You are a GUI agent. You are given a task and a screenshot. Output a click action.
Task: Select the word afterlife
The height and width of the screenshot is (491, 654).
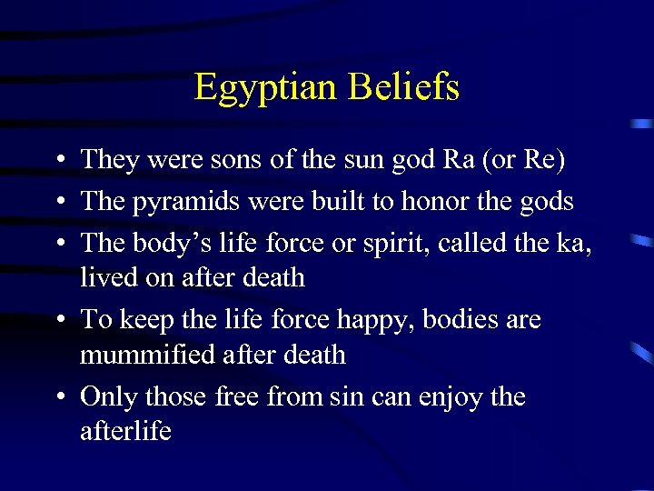tap(125, 431)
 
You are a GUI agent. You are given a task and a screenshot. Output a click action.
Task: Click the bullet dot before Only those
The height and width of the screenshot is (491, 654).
tap(57, 397)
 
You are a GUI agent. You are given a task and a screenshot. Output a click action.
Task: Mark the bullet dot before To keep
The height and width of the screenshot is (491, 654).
tap(57, 320)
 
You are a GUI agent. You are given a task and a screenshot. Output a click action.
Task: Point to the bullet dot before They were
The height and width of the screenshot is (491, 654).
tap(57, 161)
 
